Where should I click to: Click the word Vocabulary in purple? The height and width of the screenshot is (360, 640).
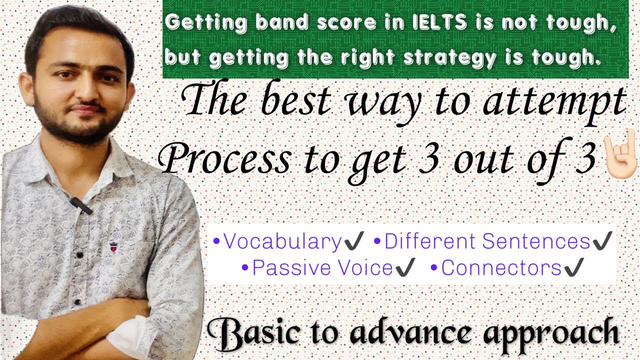282,242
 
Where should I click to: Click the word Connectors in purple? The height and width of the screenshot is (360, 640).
501,268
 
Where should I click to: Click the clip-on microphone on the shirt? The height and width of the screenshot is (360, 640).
80,204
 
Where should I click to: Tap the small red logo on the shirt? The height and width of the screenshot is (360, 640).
113,246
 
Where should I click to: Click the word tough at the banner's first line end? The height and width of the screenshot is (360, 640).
586,23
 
